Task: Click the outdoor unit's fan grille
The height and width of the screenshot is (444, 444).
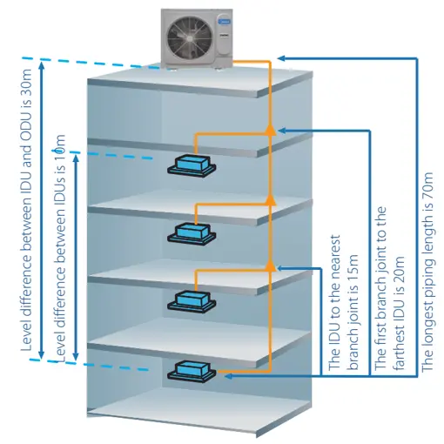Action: pos(190,38)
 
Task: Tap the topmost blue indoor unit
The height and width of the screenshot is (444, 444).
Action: pos(192,165)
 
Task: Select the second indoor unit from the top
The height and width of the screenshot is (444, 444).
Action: pos(192,234)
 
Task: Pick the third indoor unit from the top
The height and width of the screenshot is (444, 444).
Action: pos(192,302)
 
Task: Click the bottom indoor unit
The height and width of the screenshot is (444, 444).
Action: pos(192,372)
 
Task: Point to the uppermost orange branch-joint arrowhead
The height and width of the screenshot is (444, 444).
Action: pos(270,130)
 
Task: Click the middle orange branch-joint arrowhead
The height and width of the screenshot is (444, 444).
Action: pos(270,199)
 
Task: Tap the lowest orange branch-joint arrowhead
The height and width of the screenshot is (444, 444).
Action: pos(270,266)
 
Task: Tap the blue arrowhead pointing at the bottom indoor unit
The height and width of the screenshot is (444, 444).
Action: pos(228,376)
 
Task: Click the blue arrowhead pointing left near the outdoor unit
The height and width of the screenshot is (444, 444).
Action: pos(281,58)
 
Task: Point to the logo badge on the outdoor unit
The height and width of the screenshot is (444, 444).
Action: pos(224,21)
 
